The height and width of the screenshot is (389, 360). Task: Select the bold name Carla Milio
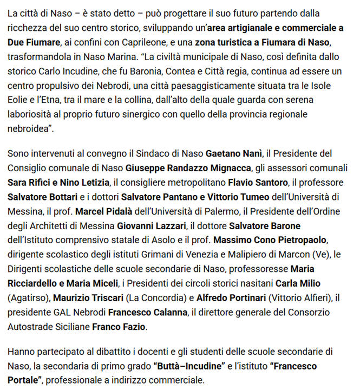(x=298, y=283)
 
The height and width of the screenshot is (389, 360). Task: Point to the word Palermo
(x=200, y=210)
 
